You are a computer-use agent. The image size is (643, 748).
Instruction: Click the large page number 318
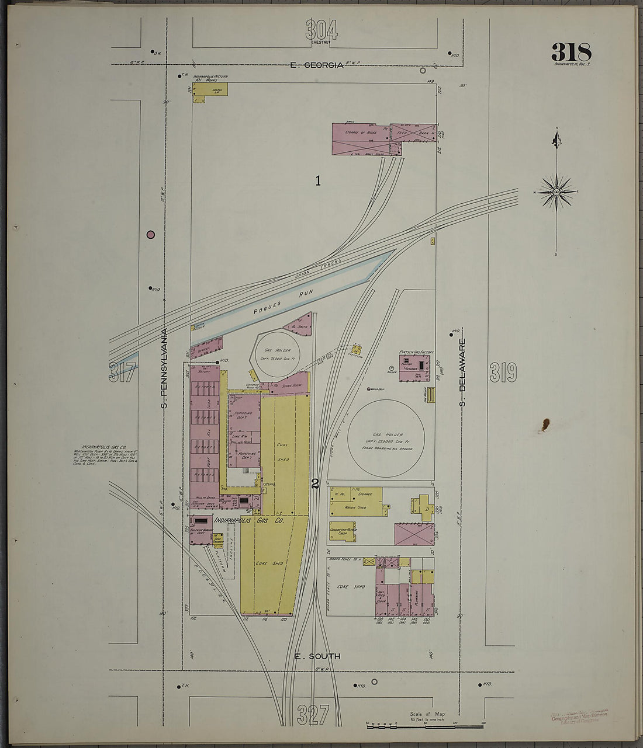571,53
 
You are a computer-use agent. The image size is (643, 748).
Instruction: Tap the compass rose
556,192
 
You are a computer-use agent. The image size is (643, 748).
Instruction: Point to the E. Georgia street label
316,65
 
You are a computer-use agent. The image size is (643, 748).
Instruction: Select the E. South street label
317,656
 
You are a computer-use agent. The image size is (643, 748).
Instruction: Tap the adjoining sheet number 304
321,29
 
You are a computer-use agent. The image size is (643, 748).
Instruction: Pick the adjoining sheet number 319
503,372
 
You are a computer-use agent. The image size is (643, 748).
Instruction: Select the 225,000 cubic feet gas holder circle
386,438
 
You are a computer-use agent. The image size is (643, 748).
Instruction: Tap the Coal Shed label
283,451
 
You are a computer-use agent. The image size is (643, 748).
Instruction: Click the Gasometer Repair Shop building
343,531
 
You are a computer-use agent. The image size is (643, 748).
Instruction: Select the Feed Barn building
413,133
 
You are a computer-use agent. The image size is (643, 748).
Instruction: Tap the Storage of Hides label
359,133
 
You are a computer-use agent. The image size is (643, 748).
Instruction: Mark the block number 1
318,181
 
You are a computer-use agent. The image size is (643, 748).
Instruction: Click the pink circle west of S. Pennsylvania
151,235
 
